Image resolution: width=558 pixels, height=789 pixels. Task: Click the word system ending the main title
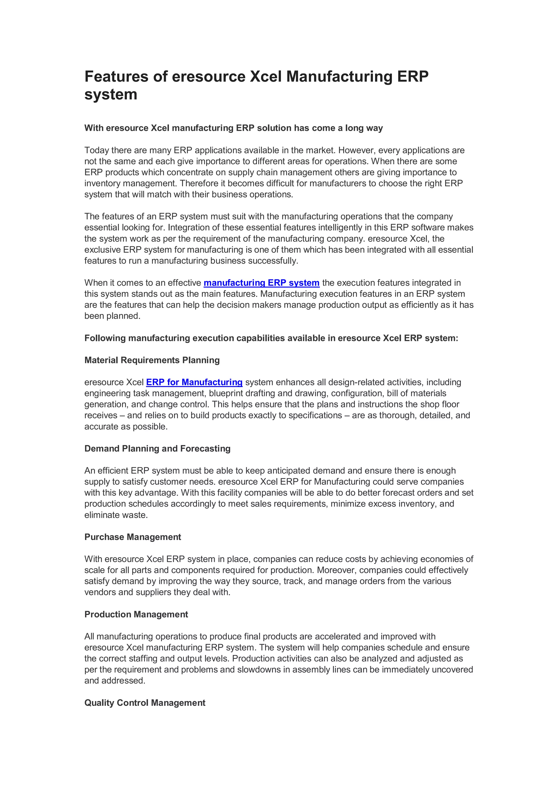[x=111, y=95]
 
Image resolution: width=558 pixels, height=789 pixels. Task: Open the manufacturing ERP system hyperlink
[x=261, y=283]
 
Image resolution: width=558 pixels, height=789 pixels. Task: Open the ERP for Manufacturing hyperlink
[x=194, y=382]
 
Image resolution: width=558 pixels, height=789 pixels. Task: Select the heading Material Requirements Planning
[x=152, y=360]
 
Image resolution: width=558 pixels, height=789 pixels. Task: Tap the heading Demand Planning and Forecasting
[x=157, y=449]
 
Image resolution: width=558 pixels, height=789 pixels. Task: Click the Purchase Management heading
[x=133, y=537]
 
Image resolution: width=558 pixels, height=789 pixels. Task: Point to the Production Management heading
[x=136, y=614]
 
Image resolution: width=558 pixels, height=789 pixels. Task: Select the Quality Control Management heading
[x=145, y=703]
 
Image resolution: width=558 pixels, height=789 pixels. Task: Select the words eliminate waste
[x=116, y=515]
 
